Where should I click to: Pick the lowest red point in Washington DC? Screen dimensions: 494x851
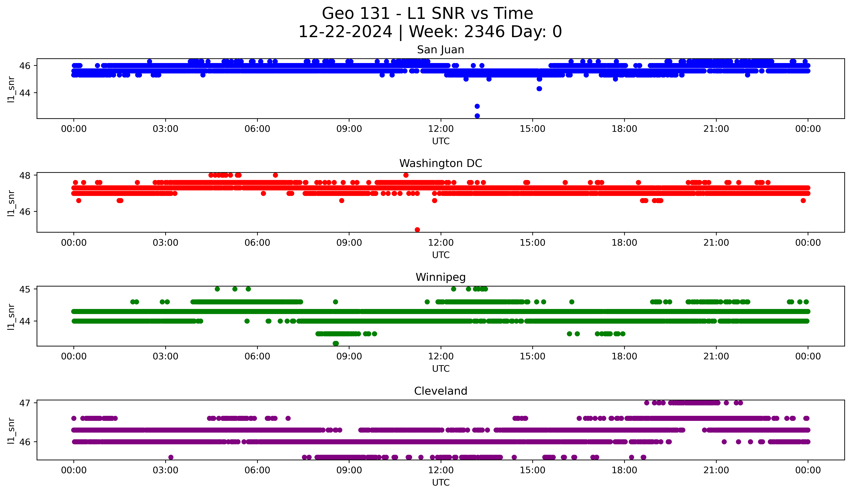[x=417, y=230]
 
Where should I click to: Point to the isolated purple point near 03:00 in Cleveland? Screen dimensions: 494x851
[x=171, y=457]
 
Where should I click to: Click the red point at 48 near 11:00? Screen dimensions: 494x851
[x=406, y=175]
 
